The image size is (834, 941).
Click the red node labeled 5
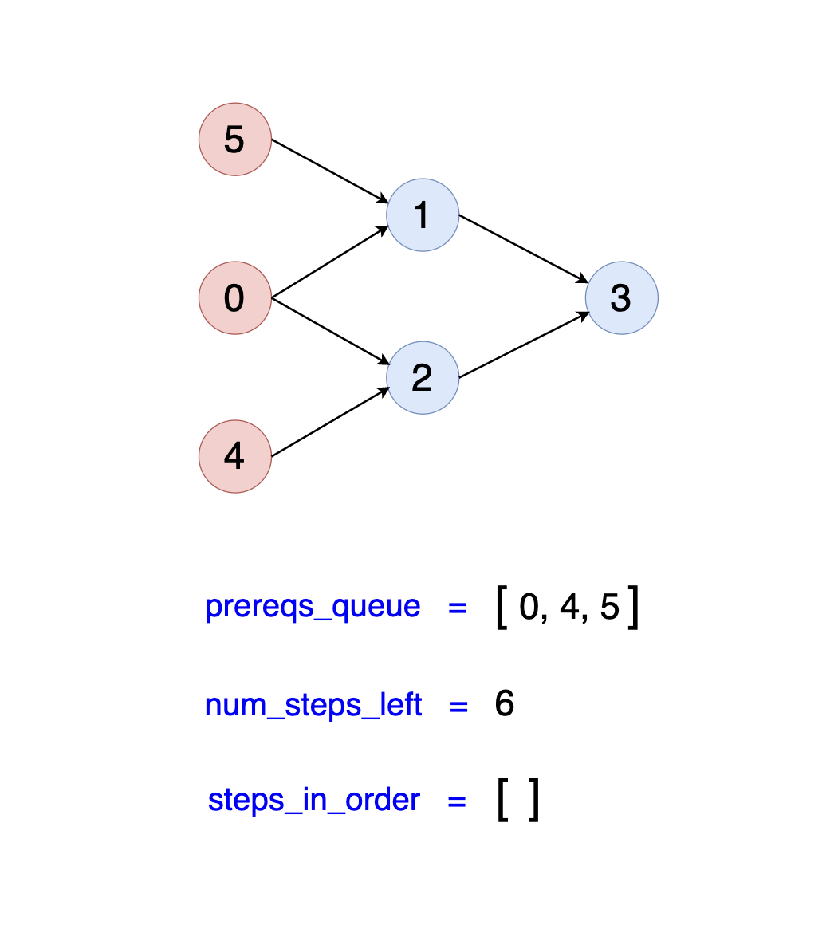(235, 140)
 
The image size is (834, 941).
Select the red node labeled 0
(235, 298)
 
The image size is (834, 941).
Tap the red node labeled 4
(235, 456)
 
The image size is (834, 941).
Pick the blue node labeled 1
(423, 215)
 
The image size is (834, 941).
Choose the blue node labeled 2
(423, 378)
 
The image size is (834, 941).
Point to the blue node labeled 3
(622, 298)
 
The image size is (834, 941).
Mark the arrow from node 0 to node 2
(329, 330)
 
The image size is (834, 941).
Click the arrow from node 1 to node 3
(524, 248)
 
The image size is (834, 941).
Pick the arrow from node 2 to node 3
(524, 345)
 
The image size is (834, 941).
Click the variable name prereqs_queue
(313, 607)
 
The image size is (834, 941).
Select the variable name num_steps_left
(313, 706)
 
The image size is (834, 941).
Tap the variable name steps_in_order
(313, 800)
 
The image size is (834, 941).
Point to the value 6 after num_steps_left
(505, 704)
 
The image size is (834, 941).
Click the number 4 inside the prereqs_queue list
(570, 608)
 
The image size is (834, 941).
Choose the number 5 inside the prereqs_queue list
(609, 608)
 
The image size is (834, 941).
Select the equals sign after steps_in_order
(457, 801)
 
